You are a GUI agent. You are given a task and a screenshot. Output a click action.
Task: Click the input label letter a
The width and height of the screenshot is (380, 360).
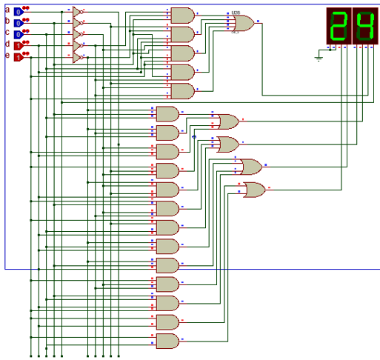[7, 10]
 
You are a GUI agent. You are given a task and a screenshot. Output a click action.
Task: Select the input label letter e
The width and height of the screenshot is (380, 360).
[7, 56]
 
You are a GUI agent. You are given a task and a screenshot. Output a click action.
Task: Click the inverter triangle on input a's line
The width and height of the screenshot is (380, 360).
[78, 13]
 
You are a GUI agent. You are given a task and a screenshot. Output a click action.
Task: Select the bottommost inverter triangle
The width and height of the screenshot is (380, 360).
[78, 57]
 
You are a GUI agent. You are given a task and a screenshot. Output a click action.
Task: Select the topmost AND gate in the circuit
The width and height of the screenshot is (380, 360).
[182, 15]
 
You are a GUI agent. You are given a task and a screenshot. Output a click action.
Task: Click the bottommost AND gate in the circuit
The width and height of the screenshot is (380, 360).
[167, 341]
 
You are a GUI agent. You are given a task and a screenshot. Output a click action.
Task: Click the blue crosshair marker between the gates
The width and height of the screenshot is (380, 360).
[194, 136]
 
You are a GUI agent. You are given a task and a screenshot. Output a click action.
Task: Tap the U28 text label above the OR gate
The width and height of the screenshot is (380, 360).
[236, 13]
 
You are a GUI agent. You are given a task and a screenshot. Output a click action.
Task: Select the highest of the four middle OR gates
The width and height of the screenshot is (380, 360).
[226, 121]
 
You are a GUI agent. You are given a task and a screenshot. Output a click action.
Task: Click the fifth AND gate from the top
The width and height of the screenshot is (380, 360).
[182, 91]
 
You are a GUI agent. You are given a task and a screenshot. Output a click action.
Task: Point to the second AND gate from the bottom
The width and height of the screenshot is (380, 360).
[167, 321]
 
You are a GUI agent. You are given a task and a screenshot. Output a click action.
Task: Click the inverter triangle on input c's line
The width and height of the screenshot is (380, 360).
[78, 35]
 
